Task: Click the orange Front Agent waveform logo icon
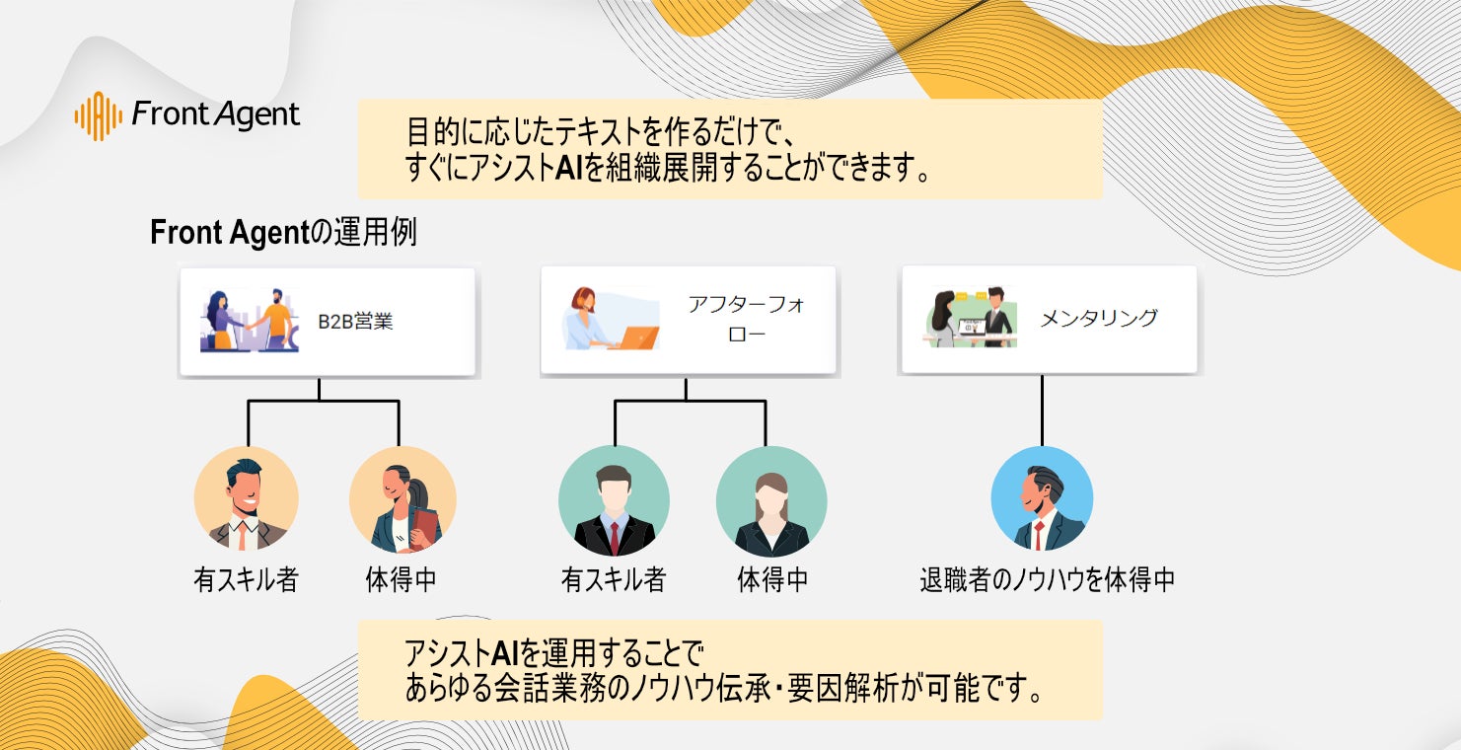click(98, 115)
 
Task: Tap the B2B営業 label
click(355, 321)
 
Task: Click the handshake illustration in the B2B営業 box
click(249, 320)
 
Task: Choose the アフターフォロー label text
click(746, 319)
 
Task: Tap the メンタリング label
click(1098, 318)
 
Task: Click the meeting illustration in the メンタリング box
click(972, 318)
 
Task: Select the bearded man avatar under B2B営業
click(246, 502)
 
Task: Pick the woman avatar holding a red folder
click(402, 502)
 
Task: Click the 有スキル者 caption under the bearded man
click(246, 579)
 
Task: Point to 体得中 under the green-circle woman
click(772, 579)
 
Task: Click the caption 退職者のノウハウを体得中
click(1047, 579)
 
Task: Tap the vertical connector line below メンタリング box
click(1043, 410)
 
